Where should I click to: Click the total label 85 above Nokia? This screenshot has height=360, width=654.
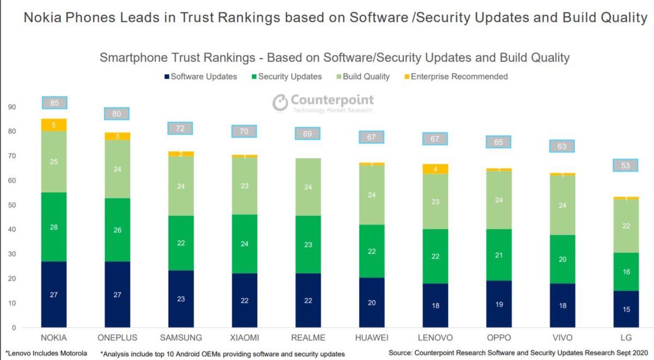pyautogui.click(x=54, y=102)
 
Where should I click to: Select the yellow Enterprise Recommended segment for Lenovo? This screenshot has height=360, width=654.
pyautogui.click(x=435, y=169)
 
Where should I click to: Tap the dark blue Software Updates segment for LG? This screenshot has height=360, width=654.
pyautogui.click(x=626, y=309)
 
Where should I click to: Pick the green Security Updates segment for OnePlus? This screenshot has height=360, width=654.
pyautogui.click(x=117, y=230)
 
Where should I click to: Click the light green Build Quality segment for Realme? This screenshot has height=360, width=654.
pyautogui.click(x=308, y=187)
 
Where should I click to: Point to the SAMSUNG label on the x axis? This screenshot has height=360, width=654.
pyautogui.click(x=181, y=338)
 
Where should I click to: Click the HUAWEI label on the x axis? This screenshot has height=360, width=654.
pyautogui.click(x=372, y=338)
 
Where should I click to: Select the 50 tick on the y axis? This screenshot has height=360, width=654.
pyautogui.click(x=12, y=205)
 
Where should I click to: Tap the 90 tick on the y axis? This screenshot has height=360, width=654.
pyautogui.click(x=12, y=107)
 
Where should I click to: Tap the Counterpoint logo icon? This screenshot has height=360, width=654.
pyautogui.click(x=280, y=102)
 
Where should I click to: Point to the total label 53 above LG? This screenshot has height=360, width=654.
pyautogui.click(x=626, y=165)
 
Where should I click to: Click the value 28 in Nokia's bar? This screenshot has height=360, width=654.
pyautogui.click(x=54, y=227)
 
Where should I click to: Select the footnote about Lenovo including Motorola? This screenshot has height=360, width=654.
pyautogui.click(x=46, y=353)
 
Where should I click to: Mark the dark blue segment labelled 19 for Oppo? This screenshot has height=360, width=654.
pyautogui.click(x=499, y=304)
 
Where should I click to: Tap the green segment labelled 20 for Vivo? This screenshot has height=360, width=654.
pyautogui.click(x=562, y=259)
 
